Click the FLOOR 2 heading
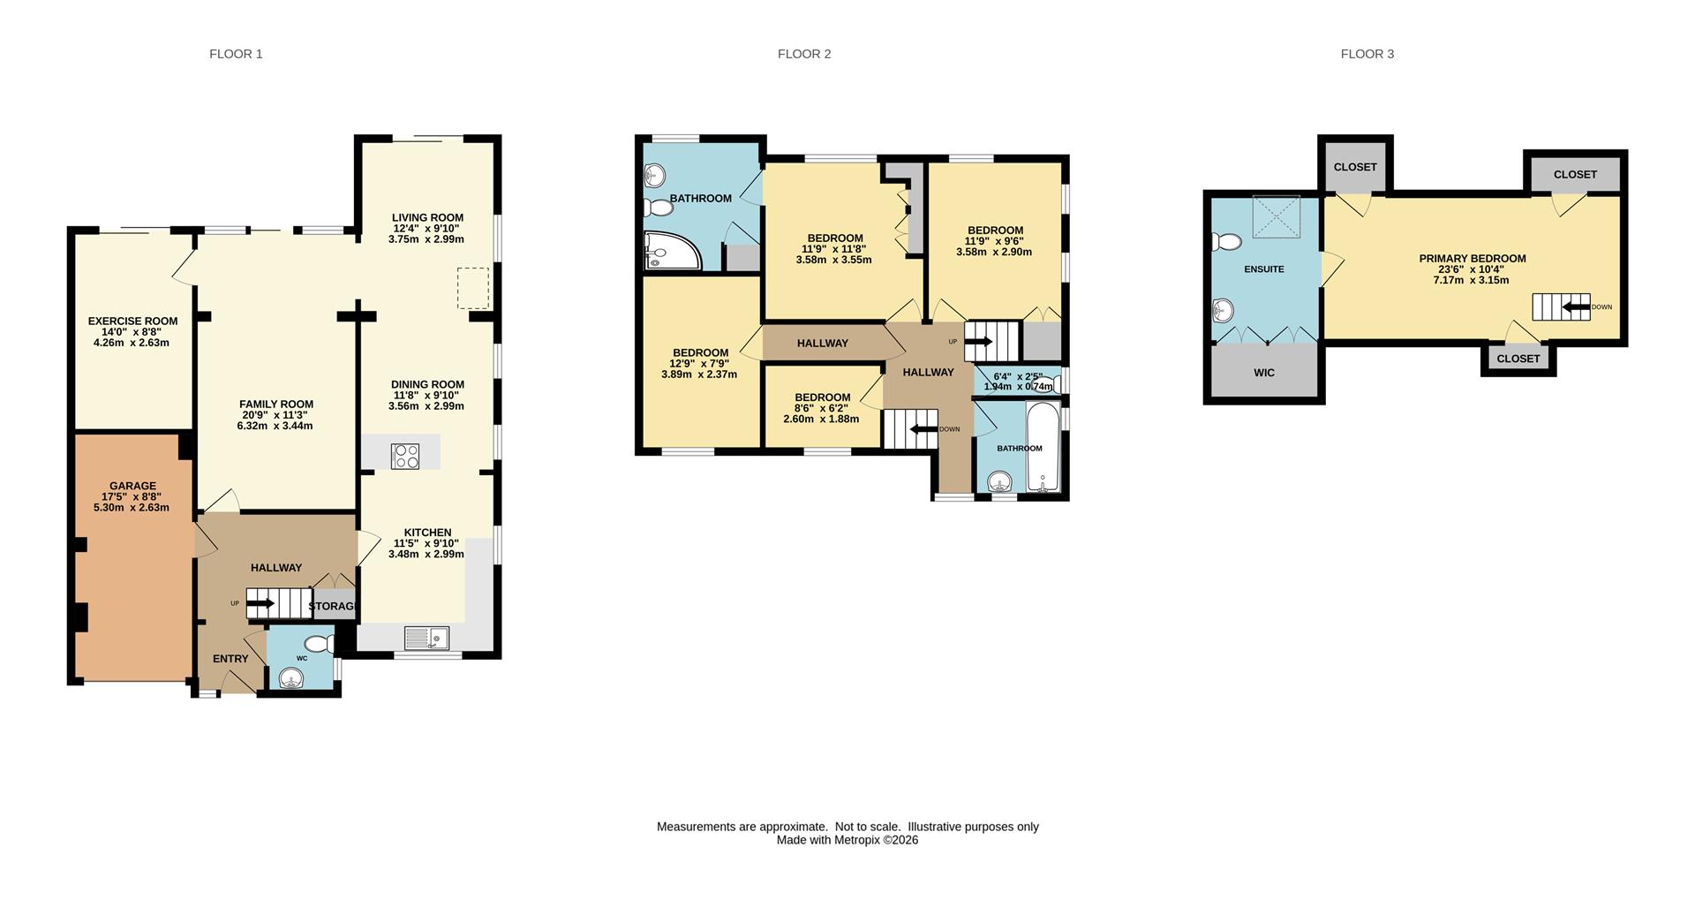pyautogui.click(x=804, y=54)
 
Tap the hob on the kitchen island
pyautogui.click(x=405, y=456)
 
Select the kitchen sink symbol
pyautogui.click(x=427, y=638)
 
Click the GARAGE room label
pyautogui.click(x=132, y=486)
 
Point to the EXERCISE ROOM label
pyautogui.click(x=132, y=321)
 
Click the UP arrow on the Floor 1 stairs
pyautogui.click(x=260, y=603)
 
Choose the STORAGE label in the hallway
pyautogui.click(x=333, y=606)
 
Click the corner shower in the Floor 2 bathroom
pyautogui.click(x=673, y=250)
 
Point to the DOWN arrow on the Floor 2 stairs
pyautogui.click(x=923, y=430)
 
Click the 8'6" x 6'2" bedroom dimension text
pyautogui.click(x=822, y=408)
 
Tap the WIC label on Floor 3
pyautogui.click(x=1264, y=373)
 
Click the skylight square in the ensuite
pyautogui.click(x=1277, y=216)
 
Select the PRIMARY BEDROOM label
pyautogui.click(x=1473, y=259)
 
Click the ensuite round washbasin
pyautogui.click(x=1223, y=310)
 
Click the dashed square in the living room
pyautogui.click(x=473, y=289)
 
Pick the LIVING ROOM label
pyautogui.click(x=428, y=217)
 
